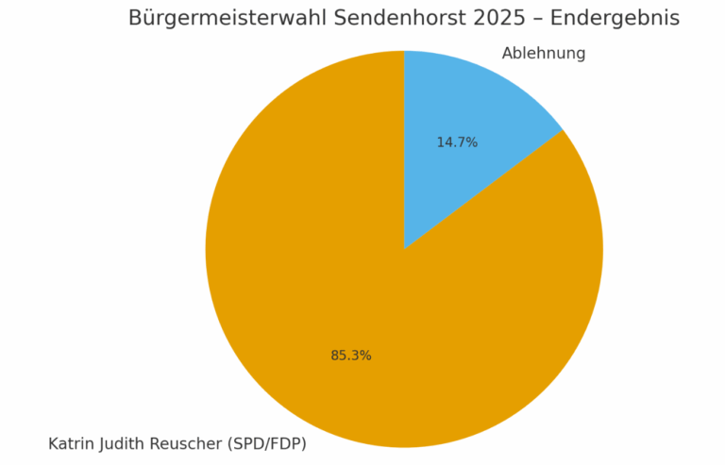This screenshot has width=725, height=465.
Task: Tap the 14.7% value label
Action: click(x=457, y=142)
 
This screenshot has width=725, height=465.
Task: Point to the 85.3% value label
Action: click(x=351, y=356)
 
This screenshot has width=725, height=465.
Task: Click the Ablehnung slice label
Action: click(x=544, y=54)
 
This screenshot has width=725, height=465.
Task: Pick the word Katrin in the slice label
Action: click(x=71, y=443)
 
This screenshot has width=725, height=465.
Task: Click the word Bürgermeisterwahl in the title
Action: click(x=228, y=19)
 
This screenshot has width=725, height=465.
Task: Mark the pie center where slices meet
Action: click(x=404, y=249)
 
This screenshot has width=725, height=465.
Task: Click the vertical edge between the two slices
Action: click(x=404, y=151)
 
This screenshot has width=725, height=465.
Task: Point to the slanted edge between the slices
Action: click(x=483, y=190)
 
